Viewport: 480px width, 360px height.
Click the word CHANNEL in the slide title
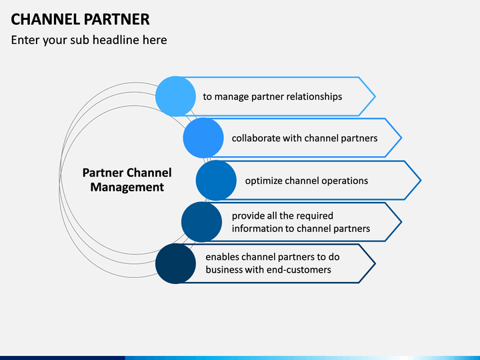(45, 19)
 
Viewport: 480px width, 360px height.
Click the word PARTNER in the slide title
(117, 19)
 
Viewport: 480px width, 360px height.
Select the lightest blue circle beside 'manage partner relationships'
(175, 97)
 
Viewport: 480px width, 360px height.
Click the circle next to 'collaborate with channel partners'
(203, 138)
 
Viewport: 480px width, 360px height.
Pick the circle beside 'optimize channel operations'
(216, 181)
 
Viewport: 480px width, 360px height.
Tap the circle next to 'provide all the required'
(201, 222)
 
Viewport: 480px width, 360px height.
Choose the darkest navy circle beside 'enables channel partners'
(175, 263)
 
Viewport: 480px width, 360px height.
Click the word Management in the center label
(127, 187)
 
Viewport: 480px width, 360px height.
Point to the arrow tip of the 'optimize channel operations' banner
(421, 180)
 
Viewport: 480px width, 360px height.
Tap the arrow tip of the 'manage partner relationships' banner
(375, 97)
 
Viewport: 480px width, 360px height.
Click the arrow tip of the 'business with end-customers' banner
(375, 263)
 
